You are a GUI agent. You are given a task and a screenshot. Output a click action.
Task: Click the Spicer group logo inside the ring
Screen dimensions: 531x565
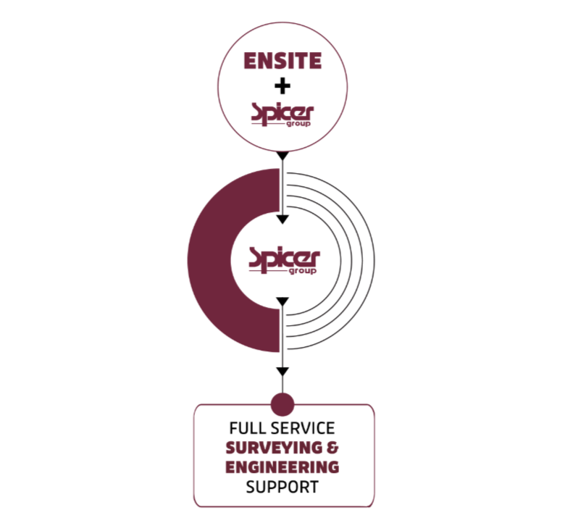pos(283,259)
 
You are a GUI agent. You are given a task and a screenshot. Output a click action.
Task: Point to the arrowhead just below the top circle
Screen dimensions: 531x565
pos(283,156)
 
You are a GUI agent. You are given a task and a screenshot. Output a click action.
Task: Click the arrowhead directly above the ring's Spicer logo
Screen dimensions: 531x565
pos(283,219)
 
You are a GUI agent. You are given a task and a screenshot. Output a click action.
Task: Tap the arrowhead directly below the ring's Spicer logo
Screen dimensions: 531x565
pos(283,301)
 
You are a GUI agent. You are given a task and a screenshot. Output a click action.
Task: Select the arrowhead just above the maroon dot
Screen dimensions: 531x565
pos(283,372)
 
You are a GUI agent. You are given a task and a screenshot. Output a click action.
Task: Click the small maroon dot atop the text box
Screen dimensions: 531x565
pos(282,404)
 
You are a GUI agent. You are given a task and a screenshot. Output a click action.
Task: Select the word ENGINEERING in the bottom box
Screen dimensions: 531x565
pos(282,467)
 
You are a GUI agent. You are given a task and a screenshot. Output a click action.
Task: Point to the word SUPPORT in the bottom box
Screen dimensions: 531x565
pos(282,487)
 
